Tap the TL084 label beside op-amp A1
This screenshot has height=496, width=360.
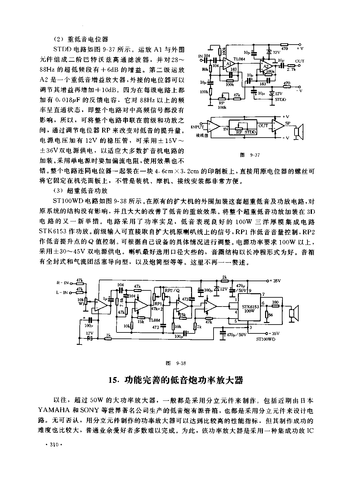coord(239,59)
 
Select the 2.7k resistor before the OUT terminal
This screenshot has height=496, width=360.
coord(291,66)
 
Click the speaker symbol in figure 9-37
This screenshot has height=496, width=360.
coord(298,131)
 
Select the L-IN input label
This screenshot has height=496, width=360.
coord(62,293)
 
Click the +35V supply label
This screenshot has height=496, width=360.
coord(275,281)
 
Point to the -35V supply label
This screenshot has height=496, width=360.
coord(275,333)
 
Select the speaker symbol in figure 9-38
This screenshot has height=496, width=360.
coord(294,313)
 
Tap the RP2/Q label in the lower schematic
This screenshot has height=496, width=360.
coord(172,290)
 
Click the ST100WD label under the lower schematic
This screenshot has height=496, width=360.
coord(266,339)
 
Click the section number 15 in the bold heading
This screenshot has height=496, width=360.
coord(113,380)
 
